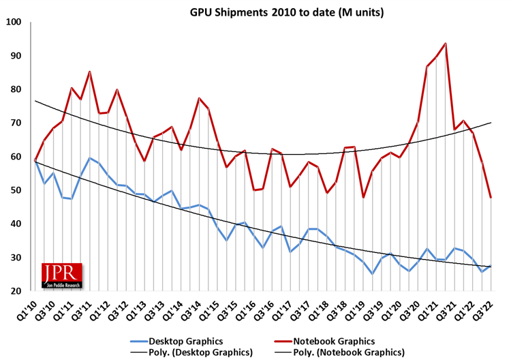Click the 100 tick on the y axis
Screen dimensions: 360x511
pyautogui.click(x=14, y=22)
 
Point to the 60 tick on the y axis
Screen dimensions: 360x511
pyautogui.click(x=16, y=157)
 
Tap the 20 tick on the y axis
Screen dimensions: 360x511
pyautogui.click(x=16, y=291)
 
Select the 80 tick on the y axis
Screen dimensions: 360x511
pyautogui.click(x=16, y=89)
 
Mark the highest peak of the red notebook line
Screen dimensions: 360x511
pyautogui.click(x=446, y=44)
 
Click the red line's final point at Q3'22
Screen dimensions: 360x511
pyautogui.click(x=491, y=198)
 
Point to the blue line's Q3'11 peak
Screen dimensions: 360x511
pyautogui.click(x=90, y=158)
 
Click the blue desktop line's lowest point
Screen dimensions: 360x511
pyautogui.click(x=372, y=274)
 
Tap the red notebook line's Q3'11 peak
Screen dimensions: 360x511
pyautogui.click(x=90, y=72)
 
